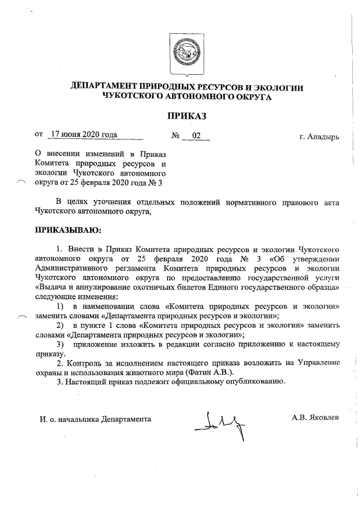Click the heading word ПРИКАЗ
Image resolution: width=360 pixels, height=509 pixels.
(x=186, y=116)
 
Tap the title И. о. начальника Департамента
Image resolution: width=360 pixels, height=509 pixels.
(x=96, y=419)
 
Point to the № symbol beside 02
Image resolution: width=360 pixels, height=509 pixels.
(x=175, y=136)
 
